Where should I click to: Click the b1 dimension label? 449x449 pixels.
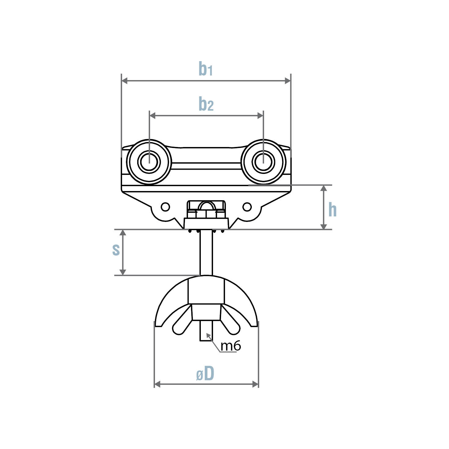[x=205, y=68]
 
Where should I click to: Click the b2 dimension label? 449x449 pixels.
[x=206, y=104]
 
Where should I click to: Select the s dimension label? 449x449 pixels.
[x=116, y=249]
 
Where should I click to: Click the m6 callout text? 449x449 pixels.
[x=231, y=346]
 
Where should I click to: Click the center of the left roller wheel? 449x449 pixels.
[x=149, y=162]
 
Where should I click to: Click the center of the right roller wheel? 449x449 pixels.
[x=263, y=162]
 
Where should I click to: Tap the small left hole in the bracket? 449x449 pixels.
[x=165, y=207]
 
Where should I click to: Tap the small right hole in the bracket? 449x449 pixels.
[x=247, y=207]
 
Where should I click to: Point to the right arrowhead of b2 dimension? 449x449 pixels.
[x=260, y=116]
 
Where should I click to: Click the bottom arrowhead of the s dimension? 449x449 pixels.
[x=123, y=272]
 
